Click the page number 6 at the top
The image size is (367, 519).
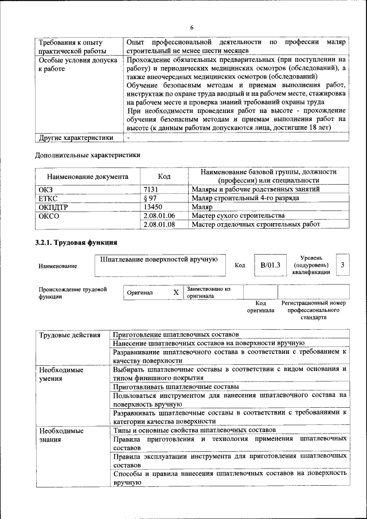point(192,28)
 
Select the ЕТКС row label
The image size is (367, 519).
point(48,198)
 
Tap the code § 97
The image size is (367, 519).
point(150,198)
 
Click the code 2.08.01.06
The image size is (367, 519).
point(159,216)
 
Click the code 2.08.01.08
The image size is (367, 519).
point(159,225)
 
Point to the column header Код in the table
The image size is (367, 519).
point(164,177)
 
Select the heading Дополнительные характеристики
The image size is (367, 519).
point(88,154)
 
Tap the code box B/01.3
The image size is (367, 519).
point(270,265)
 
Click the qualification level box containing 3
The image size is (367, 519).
point(342,264)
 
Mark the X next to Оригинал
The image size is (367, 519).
point(176,292)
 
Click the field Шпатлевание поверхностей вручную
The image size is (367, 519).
point(158,260)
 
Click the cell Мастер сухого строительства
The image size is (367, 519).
point(238,216)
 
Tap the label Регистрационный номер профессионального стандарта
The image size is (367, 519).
point(313,310)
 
